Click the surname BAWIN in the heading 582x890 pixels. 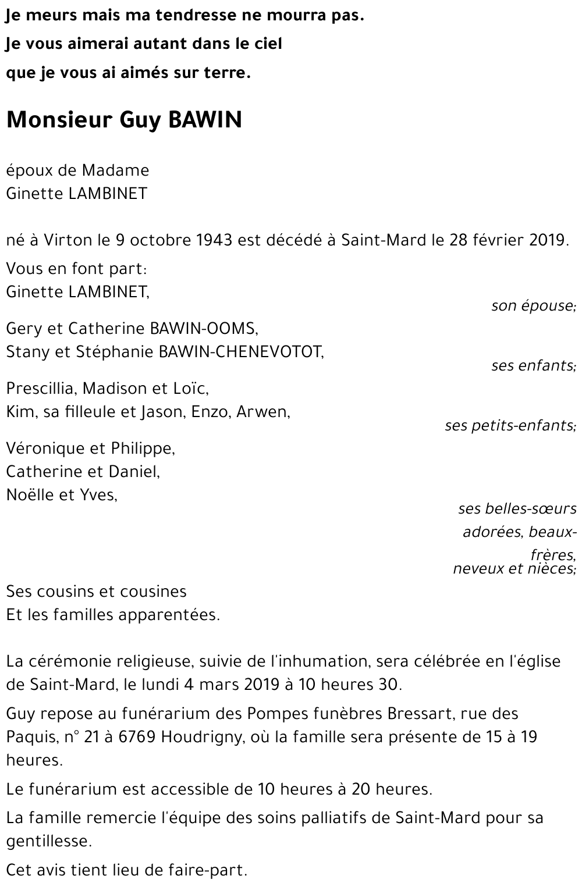tap(204, 120)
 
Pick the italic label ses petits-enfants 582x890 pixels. tap(510, 425)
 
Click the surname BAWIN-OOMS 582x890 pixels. tap(204, 329)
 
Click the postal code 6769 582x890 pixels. tap(136, 737)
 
